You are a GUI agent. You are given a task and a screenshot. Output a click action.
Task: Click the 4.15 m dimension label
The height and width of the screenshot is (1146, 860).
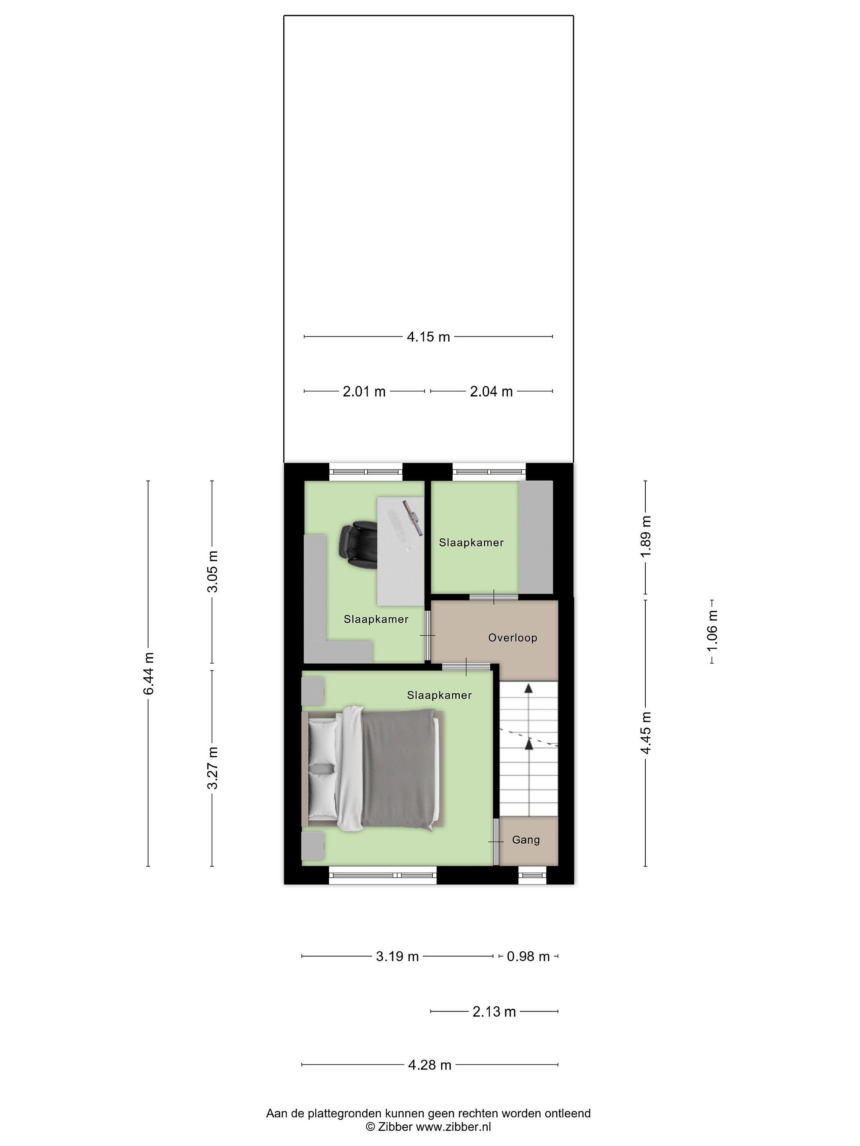pyautogui.click(x=428, y=337)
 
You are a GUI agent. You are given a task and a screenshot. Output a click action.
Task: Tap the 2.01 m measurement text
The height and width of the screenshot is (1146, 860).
pyautogui.click(x=364, y=391)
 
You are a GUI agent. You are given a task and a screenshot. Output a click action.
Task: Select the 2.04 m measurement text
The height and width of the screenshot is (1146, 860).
pyautogui.click(x=491, y=391)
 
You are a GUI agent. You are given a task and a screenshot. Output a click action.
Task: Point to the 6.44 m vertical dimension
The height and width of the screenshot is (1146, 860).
pyautogui.click(x=149, y=674)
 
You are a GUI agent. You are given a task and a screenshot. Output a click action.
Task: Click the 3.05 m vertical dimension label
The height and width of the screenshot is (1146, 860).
pyautogui.click(x=213, y=571)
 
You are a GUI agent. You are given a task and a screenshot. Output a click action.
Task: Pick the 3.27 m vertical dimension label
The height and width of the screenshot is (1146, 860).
pyautogui.click(x=213, y=768)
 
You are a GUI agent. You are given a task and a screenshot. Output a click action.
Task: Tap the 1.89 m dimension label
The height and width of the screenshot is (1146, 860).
pyautogui.click(x=646, y=537)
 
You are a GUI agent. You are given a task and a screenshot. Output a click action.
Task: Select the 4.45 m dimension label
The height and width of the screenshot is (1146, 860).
pyautogui.click(x=646, y=733)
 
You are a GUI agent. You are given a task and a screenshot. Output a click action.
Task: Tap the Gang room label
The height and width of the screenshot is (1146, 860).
pyautogui.click(x=526, y=840)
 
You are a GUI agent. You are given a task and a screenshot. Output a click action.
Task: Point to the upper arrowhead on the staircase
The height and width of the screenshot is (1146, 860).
pyautogui.click(x=528, y=688)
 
